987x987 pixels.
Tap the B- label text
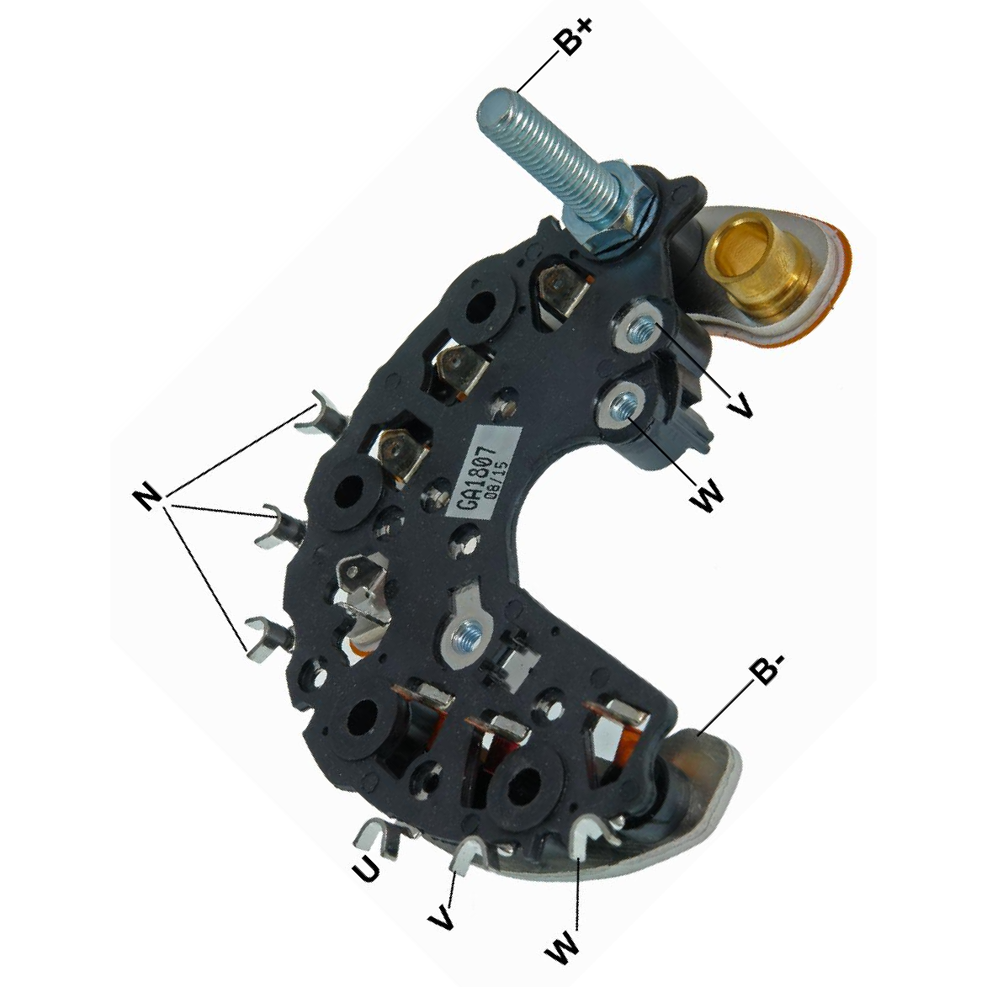(x=768, y=671)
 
